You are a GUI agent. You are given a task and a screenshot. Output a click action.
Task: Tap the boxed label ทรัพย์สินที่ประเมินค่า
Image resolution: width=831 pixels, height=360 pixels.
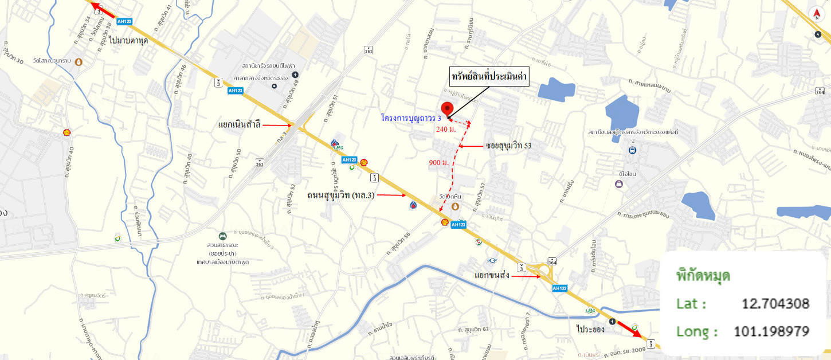click(x=488, y=76)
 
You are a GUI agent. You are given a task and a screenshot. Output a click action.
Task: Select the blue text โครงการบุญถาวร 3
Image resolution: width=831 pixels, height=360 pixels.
click(x=411, y=118)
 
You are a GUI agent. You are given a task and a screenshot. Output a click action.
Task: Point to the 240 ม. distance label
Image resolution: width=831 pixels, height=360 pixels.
click(x=446, y=129)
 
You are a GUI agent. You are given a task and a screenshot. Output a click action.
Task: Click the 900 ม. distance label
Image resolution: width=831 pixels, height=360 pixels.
click(x=438, y=163)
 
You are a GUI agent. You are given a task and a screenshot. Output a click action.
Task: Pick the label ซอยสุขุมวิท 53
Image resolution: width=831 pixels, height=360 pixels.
click(x=508, y=146)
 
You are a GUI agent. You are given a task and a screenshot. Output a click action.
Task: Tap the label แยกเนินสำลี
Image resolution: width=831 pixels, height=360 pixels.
click(x=239, y=124)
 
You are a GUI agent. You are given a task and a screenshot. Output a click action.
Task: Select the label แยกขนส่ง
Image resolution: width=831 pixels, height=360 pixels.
click(x=492, y=275)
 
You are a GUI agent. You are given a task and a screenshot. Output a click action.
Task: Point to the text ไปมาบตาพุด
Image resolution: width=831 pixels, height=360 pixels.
click(x=130, y=40)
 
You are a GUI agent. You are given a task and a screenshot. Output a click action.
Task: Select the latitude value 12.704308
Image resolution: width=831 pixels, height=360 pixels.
click(x=775, y=303)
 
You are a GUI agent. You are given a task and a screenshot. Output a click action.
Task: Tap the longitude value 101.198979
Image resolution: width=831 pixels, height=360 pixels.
click(x=771, y=331)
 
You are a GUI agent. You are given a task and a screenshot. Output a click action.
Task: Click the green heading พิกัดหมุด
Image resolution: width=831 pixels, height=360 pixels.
click(x=703, y=275)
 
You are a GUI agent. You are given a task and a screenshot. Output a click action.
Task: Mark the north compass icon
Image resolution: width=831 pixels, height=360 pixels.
click(x=816, y=14)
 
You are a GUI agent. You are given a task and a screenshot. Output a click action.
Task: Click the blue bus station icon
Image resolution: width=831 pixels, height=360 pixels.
click(x=632, y=150)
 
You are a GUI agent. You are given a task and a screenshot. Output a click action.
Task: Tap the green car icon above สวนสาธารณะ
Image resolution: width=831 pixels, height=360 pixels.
click(x=222, y=236)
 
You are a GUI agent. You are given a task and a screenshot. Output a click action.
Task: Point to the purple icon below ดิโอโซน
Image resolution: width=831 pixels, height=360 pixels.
click(x=618, y=184)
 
